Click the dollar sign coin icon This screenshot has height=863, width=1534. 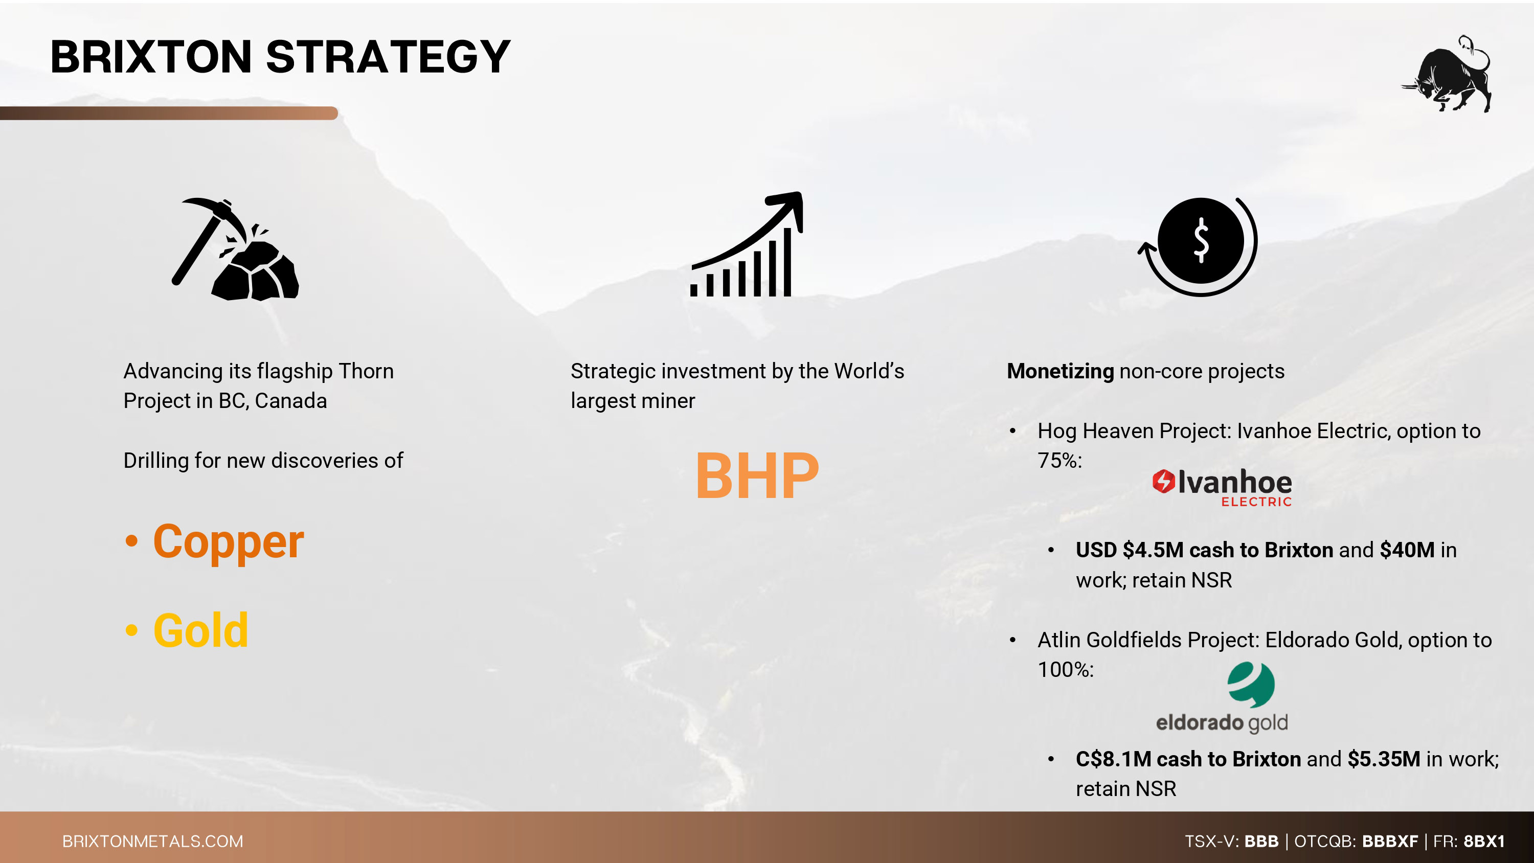coord(1198,246)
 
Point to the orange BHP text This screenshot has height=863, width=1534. coord(757,476)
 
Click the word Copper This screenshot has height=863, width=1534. coord(229,542)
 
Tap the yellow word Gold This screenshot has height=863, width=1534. coord(200,630)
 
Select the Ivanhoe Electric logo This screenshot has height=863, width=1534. coord(1222,487)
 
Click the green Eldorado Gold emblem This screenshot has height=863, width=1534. coord(1251,685)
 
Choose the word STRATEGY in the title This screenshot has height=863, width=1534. coord(388,57)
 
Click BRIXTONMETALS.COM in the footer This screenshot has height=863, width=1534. coord(153,841)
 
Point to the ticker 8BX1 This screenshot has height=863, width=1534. coord(1484,841)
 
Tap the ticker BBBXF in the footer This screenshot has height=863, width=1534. coord(1390,841)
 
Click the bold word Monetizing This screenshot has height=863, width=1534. coord(1060,371)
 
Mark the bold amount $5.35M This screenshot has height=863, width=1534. coord(1384,759)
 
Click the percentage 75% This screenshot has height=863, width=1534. coord(1059,460)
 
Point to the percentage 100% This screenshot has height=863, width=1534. coord(1065,669)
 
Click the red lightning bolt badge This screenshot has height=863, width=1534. coord(1163,481)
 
